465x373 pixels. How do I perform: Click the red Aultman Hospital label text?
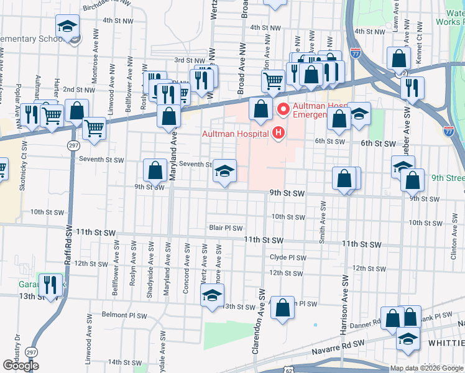236,133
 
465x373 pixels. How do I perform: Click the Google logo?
21,365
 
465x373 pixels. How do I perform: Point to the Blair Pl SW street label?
225,228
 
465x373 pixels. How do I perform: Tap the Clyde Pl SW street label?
288,257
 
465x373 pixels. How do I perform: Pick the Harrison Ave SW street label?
341,292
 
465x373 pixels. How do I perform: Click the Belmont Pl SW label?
124,316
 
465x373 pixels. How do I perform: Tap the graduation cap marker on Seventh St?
224,171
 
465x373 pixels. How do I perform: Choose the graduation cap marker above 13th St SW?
212,295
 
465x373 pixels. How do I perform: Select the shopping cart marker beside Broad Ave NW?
272,80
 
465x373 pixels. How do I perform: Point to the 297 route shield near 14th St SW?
31,352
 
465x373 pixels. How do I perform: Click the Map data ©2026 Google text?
426,368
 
